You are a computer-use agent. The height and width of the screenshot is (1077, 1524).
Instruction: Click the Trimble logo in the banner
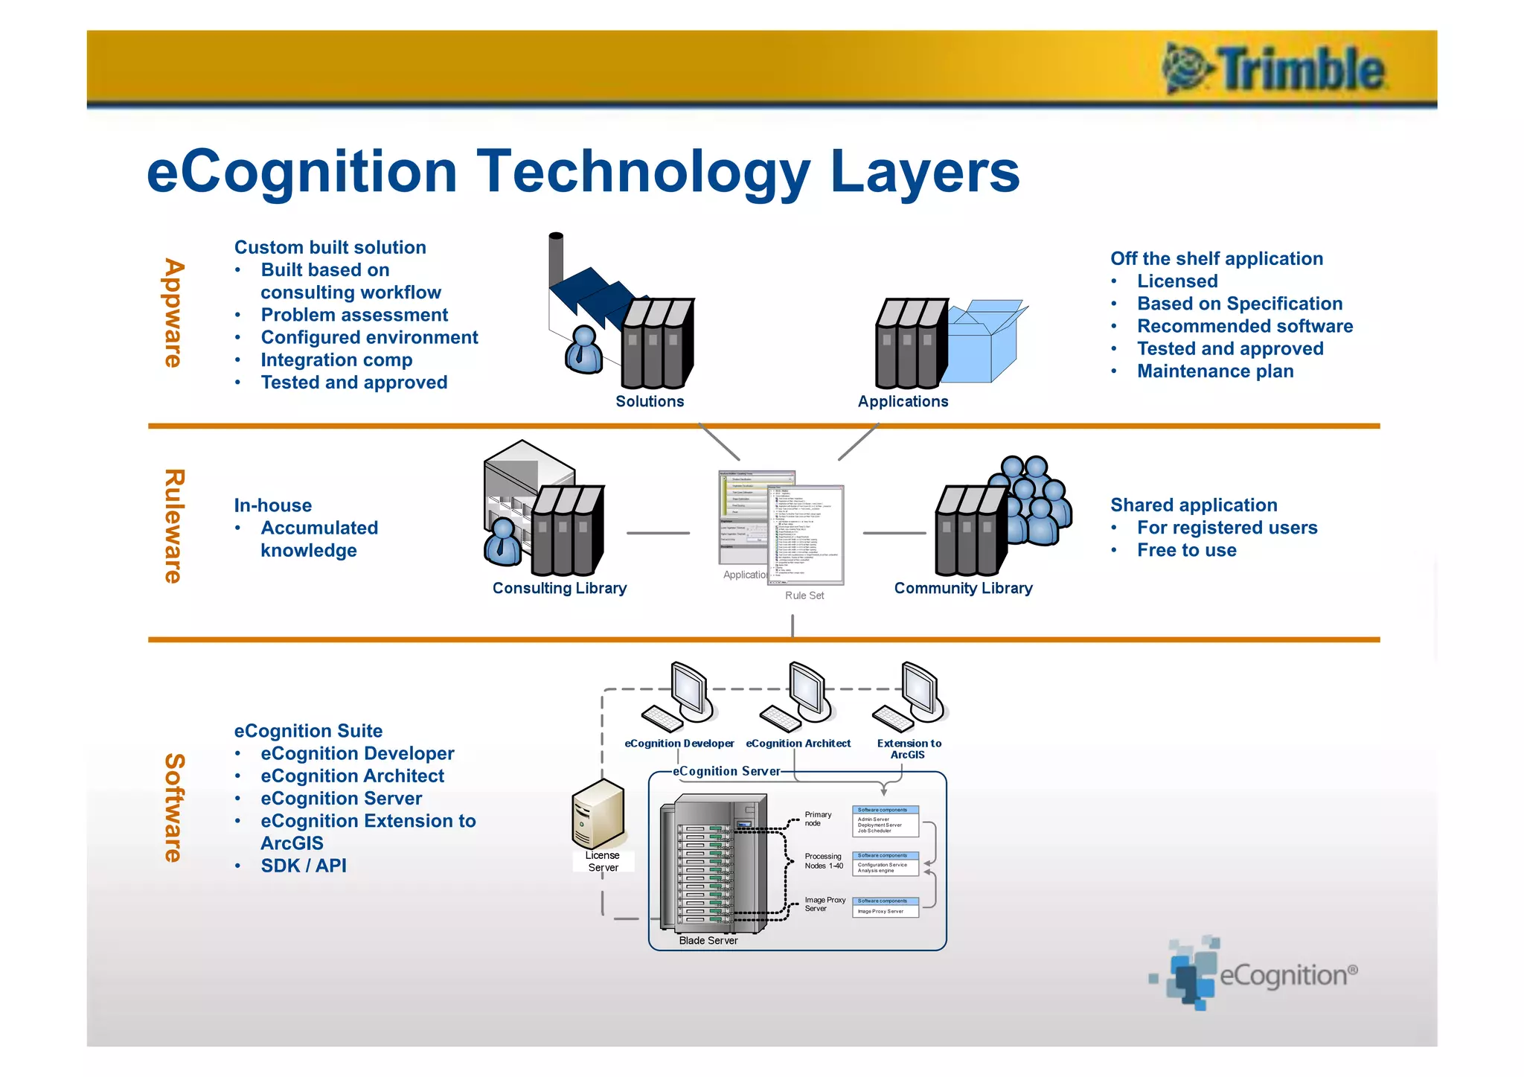[x=1274, y=69]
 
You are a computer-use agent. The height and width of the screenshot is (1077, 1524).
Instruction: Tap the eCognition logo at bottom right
[x=1258, y=974]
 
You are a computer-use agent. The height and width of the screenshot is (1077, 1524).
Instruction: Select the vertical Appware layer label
[x=173, y=313]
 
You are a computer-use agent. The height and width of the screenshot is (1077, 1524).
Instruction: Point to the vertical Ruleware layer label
[x=173, y=526]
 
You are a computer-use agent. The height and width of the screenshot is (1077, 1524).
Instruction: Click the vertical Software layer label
[x=173, y=808]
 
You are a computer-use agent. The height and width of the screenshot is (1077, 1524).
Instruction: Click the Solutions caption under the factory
[x=650, y=401]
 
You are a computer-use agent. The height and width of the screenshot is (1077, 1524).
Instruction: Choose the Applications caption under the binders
[x=903, y=401]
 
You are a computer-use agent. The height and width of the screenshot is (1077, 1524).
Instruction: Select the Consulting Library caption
[x=560, y=588]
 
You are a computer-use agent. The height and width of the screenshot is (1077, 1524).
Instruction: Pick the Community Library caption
[x=963, y=588]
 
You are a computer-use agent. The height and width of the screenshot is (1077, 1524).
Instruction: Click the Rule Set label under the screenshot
[x=804, y=595]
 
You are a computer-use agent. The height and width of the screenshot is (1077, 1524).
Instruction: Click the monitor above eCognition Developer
[x=690, y=691]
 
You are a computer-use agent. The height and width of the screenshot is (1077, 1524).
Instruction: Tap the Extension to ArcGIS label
[x=909, y=749]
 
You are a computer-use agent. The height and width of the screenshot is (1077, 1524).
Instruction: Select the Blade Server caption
[x=708, y=941]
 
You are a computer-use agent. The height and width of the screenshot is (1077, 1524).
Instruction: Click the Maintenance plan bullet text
[x=1215, y=371]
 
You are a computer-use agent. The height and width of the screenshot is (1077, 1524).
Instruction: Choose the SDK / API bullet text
[x=304, y=866]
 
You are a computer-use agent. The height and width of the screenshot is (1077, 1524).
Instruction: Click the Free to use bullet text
[x=1186, y=550]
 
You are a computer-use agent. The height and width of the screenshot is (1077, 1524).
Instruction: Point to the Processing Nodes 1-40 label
[x=823, y=861]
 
